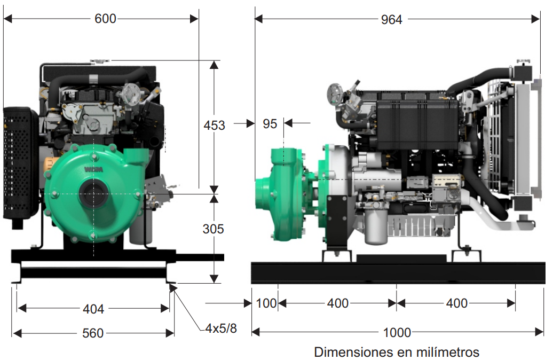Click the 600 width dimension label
pyautogui.click(x=105, y=18)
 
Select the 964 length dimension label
pyautogui.click(x=391, y=19)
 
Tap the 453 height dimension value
pyautogui.click(x=214, y=126)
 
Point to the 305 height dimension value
pyautogui.click(x=214, y=229)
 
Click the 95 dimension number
pyautogui.click(x=270, y=124)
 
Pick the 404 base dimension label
pyautogui.click(x=93, y=309)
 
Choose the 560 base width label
pyautogui.click(x=93, y=333)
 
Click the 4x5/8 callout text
pyautogui.click(x=221, y=328)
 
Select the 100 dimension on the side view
pyautogui.click(x=266, y=303)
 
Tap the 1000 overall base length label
pyautogui.click(x=397, y=332)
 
